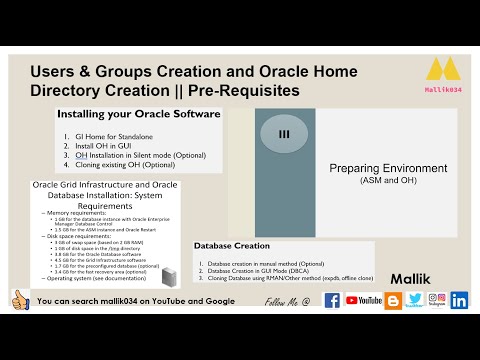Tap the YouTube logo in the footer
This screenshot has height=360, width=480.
(x=364, y=300)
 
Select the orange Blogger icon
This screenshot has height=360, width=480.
(x=393, y=300)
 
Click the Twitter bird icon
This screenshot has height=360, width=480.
(x=415, y=300)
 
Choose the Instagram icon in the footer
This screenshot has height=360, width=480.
(x=437, y=300)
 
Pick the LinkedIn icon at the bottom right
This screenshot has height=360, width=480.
(x=460, y=300)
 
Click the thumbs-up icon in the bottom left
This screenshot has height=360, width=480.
(x=19, y=299)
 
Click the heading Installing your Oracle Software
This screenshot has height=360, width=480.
(x=139, y=114)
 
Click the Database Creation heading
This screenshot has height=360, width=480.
(x=233, y=245)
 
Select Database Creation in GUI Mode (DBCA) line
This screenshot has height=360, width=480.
(x=265, y=270)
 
